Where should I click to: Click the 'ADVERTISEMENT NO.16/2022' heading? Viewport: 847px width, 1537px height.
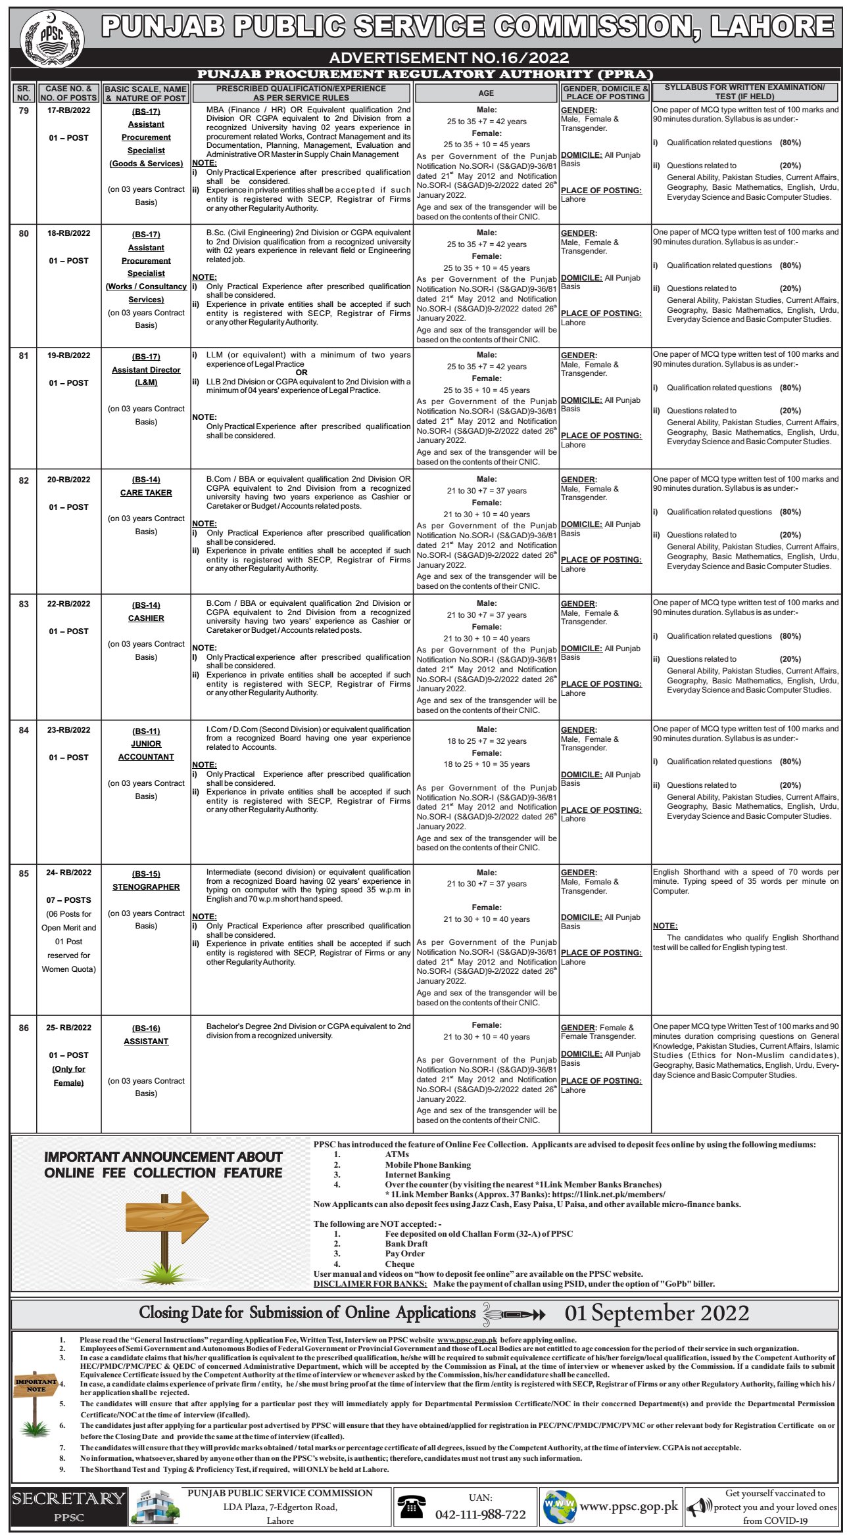449,58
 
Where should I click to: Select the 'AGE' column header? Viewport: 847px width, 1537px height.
486,93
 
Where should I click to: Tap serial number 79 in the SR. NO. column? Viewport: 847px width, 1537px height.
24,110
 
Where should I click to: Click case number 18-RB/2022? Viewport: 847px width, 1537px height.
68,233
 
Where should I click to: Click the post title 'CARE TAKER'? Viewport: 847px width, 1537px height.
146,493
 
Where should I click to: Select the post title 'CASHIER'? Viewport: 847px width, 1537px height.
146,618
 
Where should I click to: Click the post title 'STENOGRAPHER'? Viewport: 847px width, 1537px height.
146,887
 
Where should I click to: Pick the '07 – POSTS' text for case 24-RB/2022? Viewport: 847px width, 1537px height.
68,900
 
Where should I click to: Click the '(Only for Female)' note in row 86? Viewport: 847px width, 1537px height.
68,1076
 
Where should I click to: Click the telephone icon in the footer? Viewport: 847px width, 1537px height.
411,1507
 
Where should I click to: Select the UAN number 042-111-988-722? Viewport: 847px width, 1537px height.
481,1515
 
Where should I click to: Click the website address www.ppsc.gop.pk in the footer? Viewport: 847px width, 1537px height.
628,1507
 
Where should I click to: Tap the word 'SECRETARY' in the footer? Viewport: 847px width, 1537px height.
68,1499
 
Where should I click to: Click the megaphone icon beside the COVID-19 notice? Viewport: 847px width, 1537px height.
699,1507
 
